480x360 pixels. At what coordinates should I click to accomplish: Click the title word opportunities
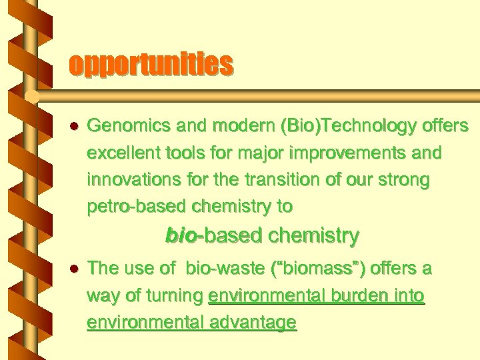151,65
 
